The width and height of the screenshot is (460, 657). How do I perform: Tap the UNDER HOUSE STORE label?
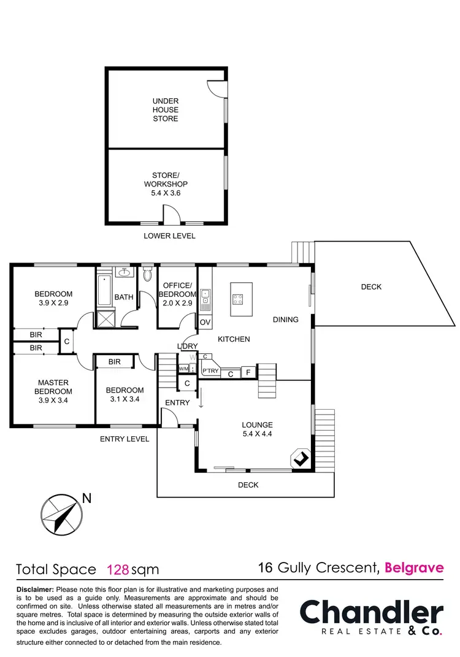click(166, 110)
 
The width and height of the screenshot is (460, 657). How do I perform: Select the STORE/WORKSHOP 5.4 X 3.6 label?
click(166, 184)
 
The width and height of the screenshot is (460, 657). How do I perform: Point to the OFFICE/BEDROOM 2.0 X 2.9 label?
click(177, 294)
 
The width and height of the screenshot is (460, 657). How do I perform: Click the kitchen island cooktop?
click(238, 299)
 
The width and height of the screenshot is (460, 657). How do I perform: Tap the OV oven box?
click(205, 322)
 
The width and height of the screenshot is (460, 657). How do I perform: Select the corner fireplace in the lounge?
click(300, 458)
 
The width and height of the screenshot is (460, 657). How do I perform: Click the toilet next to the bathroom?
click(147, 275)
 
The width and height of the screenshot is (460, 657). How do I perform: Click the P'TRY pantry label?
click(210, 371)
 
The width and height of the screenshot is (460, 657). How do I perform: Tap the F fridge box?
click(248, 372)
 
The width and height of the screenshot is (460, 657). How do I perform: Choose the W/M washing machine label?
click(183, 368)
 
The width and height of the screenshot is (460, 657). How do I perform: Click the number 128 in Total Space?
click(118, 569)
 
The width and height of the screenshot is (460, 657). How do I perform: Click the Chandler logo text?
click(371, 613)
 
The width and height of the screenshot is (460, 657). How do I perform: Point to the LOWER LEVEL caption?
click(169, 236)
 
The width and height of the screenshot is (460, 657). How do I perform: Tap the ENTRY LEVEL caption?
click(125, 439)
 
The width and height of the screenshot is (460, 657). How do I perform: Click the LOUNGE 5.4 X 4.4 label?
click(257, 429)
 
